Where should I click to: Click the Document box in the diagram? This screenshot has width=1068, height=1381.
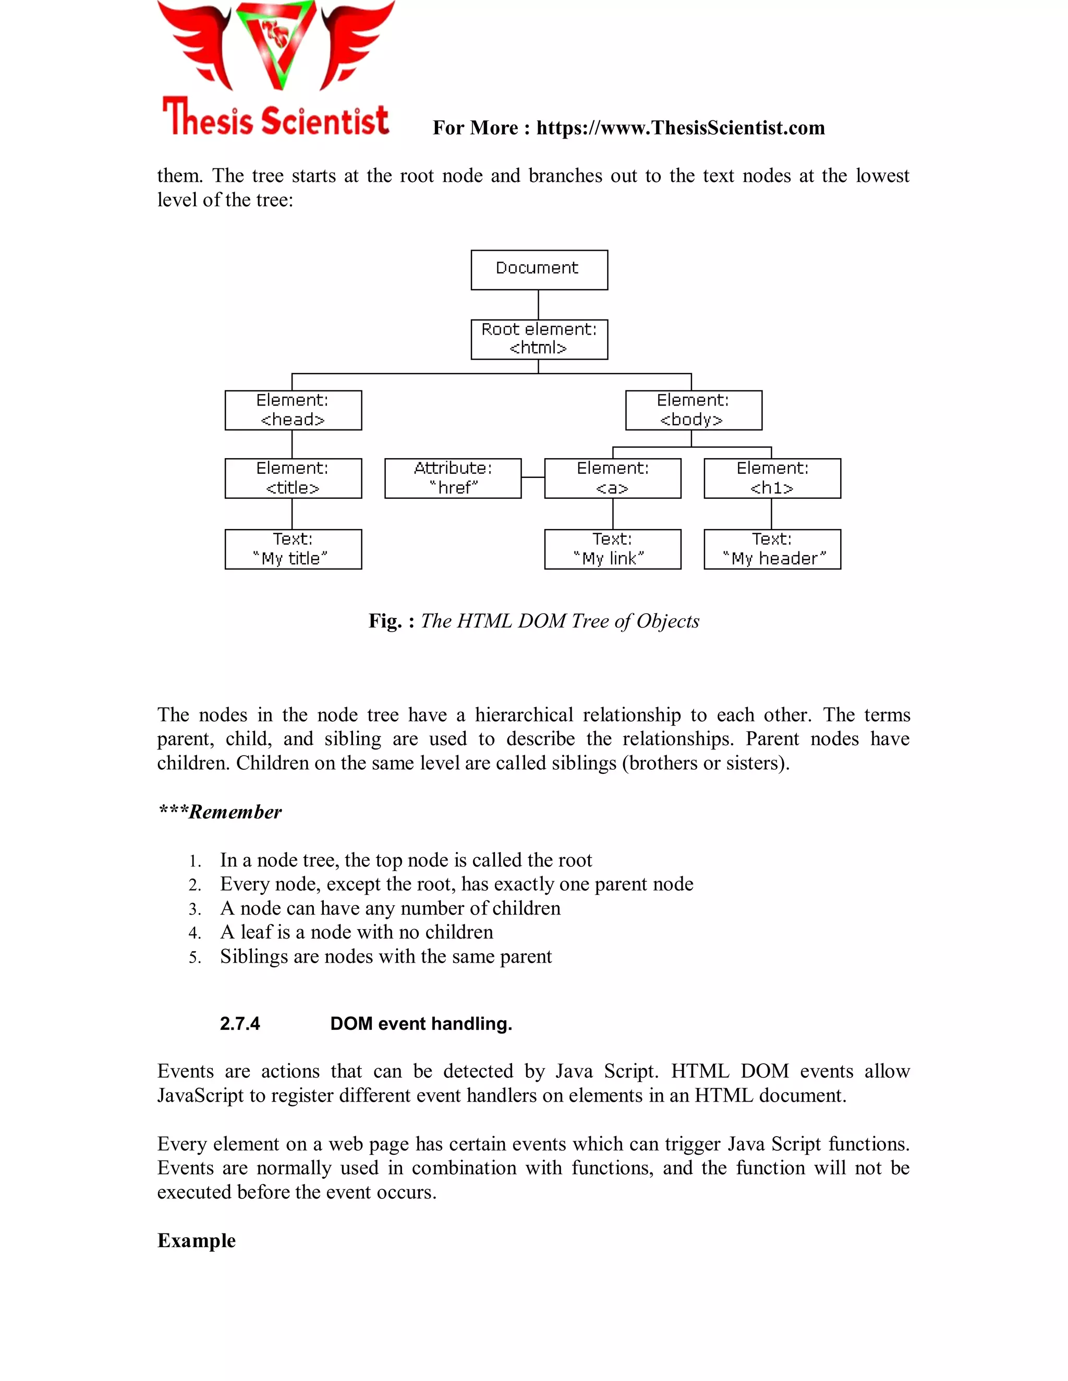tap(539, 270)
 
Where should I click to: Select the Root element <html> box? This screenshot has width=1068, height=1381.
tap(539, 340)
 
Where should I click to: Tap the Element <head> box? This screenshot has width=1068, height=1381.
tap(293, 410)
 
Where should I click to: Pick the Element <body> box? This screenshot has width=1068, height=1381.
tap(694, 410)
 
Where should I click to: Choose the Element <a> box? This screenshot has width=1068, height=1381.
tap(612, 479)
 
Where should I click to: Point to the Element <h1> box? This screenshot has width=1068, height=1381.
tap(772, 479)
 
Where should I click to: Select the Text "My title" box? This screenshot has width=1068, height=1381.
tap(293, 549)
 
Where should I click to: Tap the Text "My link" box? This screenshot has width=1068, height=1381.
tap(612, 549)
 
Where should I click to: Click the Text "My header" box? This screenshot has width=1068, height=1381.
tap(772, 549)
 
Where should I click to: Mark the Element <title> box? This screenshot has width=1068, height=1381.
tap(293, 479)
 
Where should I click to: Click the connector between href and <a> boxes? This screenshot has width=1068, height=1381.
tap(533, 477)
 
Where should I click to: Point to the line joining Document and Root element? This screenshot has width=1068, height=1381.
tap(538, 305)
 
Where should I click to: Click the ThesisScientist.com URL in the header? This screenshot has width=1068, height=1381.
tap(680, 128)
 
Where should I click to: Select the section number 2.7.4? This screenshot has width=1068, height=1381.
tap(240, 1024)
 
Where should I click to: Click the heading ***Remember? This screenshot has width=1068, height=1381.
tap(220, 812)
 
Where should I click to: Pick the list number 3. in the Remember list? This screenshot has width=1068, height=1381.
tap(195, 909)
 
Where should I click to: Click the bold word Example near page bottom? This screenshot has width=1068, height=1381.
tap(196, 1241)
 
